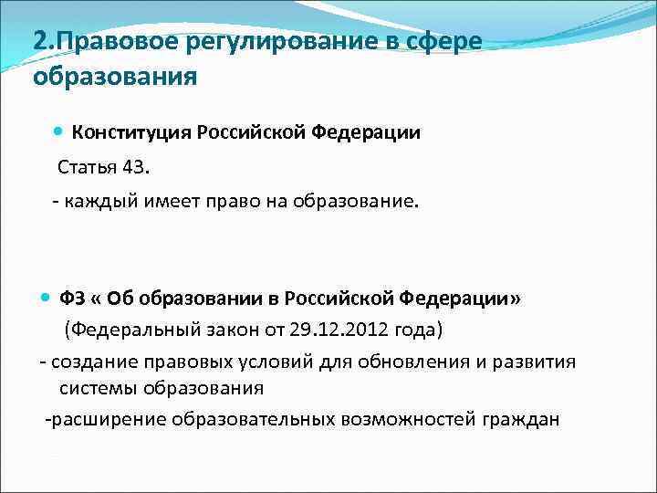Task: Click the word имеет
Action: tap(172, 201)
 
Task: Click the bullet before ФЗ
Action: tap(47, 298)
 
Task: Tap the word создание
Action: tap(88, 361)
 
